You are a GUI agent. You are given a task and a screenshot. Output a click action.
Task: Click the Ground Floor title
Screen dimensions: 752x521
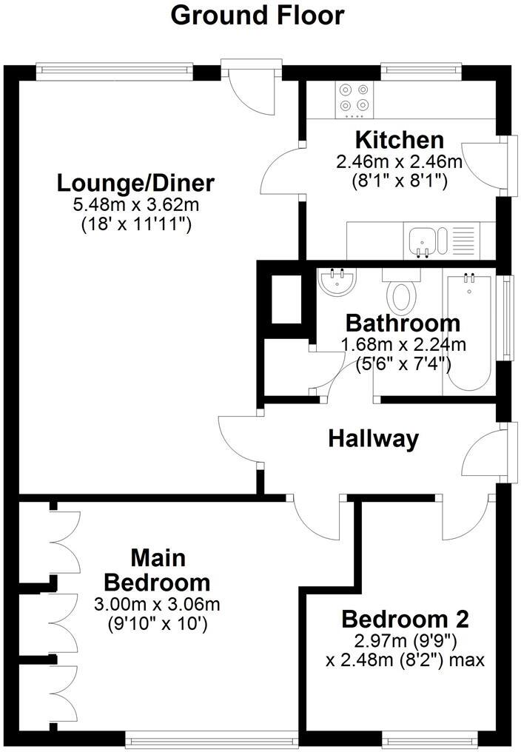coord(258,15)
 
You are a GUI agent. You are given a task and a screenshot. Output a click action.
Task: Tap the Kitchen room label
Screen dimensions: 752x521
coord(400,140)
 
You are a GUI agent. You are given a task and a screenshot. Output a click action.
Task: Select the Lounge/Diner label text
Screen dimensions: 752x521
coord(136,182)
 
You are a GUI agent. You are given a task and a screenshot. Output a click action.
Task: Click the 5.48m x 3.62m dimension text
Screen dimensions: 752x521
coord(136,204)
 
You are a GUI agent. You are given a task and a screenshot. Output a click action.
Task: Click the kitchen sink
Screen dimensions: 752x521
coord(423,241)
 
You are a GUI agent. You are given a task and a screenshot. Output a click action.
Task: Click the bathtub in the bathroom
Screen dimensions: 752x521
coord(469,329)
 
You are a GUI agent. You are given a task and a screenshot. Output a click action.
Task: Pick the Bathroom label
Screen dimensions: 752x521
coord(403,323)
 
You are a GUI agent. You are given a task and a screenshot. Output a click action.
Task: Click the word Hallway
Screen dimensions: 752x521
coord(373,439)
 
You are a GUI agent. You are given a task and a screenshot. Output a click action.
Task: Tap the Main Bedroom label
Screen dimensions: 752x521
coord(157,568)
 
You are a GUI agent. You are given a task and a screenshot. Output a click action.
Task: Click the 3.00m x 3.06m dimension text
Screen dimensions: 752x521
coord(157,605)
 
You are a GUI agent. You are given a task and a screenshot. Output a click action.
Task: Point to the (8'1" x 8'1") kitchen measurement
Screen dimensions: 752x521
coord(400,180)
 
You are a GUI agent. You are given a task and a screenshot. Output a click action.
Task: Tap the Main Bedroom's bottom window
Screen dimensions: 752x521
coord(211,737)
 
